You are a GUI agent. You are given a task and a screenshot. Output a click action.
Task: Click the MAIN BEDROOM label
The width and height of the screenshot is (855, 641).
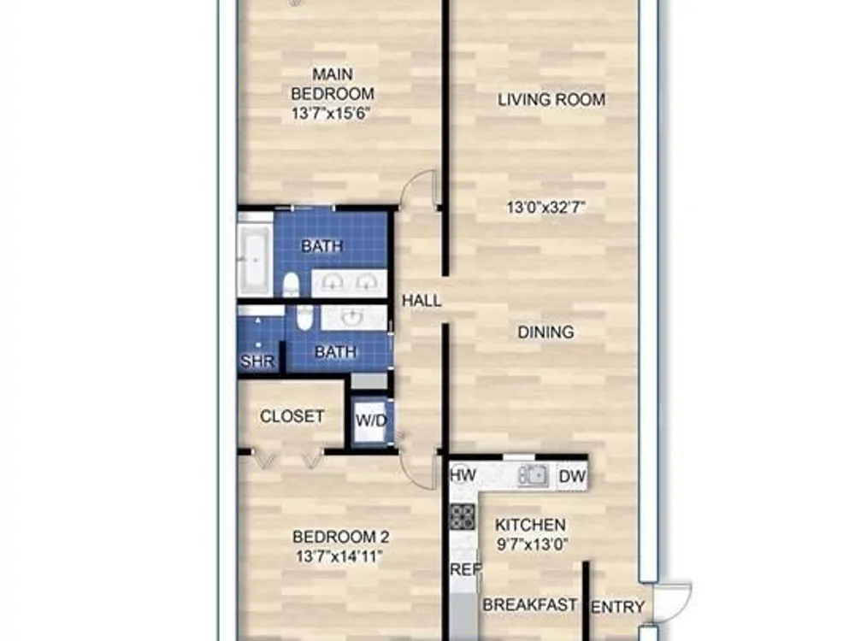point(333,84)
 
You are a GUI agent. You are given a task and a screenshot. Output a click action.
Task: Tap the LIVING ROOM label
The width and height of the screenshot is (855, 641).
point(551,100)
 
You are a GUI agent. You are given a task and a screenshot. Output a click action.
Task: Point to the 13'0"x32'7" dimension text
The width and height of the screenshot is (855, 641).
point(545,208)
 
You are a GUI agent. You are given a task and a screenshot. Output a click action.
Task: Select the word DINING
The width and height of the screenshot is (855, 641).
point(545,332)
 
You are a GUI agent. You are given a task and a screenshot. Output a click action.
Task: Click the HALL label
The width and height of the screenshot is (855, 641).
point(422,300)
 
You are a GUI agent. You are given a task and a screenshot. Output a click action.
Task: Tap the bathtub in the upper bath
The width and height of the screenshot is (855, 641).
point(255,260)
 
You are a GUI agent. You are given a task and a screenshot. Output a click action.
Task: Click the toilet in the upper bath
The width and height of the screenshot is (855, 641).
point(292,285)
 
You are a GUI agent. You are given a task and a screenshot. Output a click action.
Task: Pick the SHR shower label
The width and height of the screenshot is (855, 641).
point(257,361)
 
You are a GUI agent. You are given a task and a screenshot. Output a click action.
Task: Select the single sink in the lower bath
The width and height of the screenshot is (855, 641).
point(353,317)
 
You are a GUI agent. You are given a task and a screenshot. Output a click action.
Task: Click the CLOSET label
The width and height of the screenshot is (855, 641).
point(292,416)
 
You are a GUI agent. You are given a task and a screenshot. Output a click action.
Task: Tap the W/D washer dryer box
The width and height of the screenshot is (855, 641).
point(371,420)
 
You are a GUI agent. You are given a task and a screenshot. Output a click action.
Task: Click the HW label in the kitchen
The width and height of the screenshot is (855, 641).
point(463,475)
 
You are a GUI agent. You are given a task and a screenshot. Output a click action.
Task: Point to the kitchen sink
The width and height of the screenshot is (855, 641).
point(533,476)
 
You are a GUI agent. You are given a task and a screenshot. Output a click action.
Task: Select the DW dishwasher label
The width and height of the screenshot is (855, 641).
point(573,476)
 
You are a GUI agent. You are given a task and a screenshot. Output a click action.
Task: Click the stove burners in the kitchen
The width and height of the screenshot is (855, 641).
point(462,517)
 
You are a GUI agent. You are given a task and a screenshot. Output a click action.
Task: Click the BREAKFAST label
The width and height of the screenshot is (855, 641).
point(530,605)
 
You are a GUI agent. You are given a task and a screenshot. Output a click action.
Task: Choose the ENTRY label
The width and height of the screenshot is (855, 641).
point(618,607)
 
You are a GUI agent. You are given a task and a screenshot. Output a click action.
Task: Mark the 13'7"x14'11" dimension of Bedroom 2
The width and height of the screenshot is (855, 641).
point(339,557)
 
